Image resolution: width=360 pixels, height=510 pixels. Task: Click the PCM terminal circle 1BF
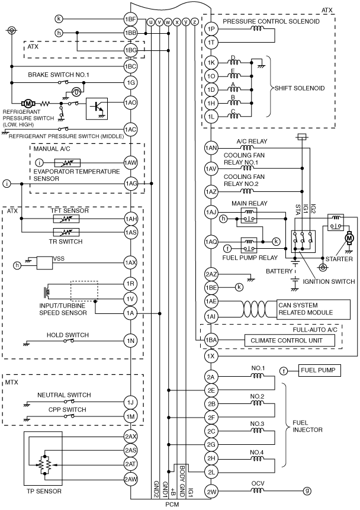[130, 19]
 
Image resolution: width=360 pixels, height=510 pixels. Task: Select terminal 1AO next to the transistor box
[130, 102]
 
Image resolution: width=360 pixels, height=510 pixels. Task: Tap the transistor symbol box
[97, 108]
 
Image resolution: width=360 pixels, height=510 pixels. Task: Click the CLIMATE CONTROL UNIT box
[290, 341]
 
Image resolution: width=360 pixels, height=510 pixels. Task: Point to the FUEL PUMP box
[319, 370]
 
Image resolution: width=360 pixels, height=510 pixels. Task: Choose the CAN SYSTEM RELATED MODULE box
[313, 309]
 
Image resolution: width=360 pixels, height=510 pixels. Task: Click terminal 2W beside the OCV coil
[211, 492]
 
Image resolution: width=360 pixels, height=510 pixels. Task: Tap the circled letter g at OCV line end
[307, 491]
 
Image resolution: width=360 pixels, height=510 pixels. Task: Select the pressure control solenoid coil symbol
[257, 28]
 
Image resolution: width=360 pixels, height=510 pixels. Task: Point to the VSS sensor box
[45, 263]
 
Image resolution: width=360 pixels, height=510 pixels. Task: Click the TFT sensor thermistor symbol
[66, 219]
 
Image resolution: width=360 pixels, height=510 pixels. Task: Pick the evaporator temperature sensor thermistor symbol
[67, 163]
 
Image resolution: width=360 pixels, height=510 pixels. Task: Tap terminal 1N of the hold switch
[130, 341]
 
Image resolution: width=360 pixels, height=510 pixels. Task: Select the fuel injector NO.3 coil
[257, 431]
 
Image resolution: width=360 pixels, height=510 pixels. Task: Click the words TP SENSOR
[44, 491]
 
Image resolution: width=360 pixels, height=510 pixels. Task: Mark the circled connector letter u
[150, 22]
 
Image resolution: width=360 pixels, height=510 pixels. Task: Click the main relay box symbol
[249, 216]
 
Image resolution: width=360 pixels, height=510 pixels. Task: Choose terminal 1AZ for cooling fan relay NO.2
[211, 191]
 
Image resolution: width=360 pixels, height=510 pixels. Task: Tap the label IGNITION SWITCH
[329, 281]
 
